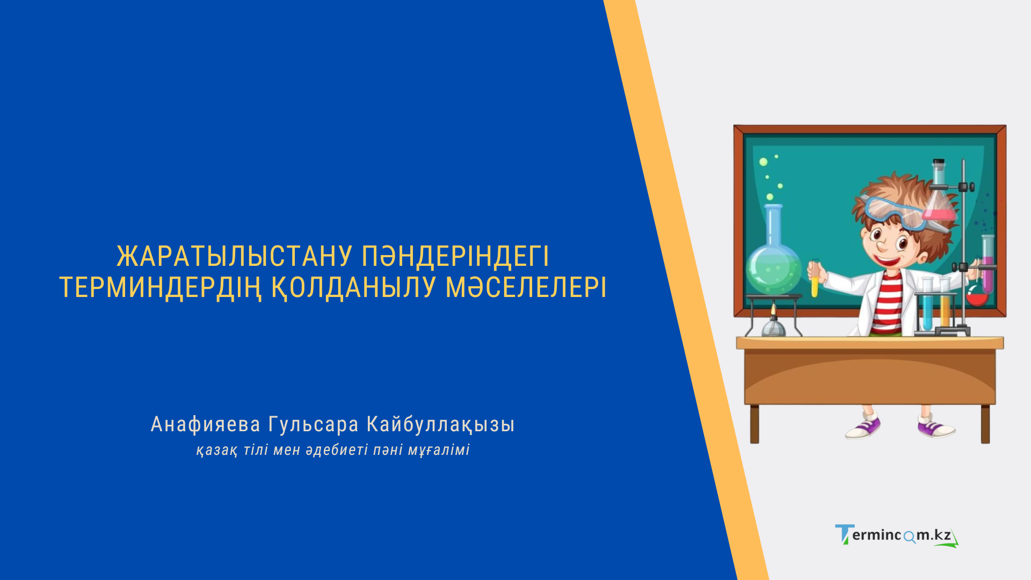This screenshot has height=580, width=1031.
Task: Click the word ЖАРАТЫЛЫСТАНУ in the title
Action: click(x=235, y=256)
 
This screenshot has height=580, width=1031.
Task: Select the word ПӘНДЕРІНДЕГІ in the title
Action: click(x=455, y=256)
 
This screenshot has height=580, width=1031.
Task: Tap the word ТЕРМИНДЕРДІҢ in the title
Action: click(x=160, y=287)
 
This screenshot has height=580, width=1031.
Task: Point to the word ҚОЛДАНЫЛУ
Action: click(x=353, y=287)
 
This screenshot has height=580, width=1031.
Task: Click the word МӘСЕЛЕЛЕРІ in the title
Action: click(x=526, y=287)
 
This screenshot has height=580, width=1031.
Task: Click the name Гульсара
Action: click(x=313, y=424)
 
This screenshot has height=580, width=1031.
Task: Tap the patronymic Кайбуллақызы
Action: click(x=440, y=424)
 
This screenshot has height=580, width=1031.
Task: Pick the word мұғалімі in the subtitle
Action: click(x=438, y=450)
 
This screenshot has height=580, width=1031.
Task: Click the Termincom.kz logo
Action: click(x=896, y=535)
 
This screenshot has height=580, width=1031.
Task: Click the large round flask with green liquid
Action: click(x=773, y=269)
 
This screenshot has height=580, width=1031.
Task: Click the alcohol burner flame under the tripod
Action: click(x=773, y=310)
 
